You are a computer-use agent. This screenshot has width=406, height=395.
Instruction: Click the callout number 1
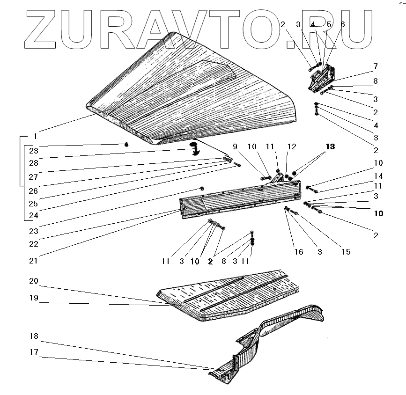point(35,137)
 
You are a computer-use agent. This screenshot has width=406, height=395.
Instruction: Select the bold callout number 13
point(330,147)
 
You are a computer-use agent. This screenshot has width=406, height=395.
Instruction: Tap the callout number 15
point(346,252)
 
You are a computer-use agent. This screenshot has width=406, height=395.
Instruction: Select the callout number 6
point(342,24)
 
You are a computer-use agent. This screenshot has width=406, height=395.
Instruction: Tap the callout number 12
point(292,147)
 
